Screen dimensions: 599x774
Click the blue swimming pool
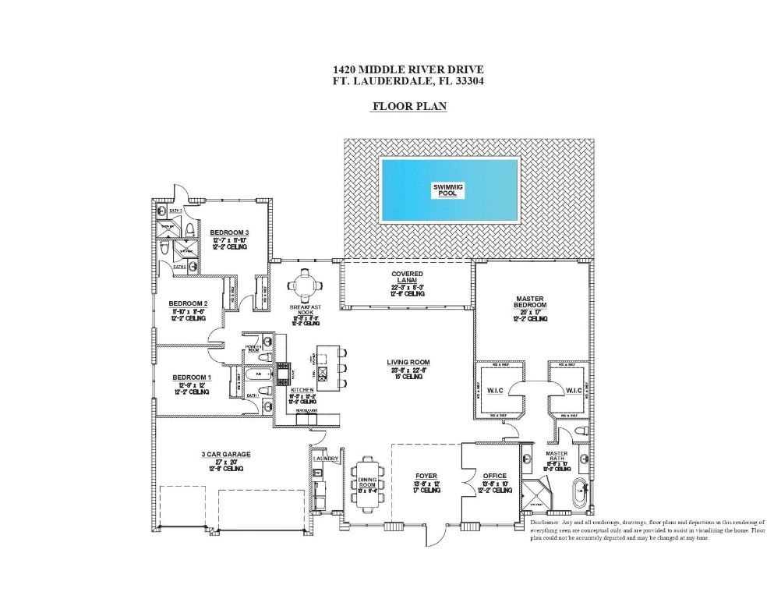tap(449, 190)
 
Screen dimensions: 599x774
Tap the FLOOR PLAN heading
tap(408, 107)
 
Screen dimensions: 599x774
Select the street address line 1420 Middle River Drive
tap(408, 69)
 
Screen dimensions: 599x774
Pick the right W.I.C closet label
tap(573, 390)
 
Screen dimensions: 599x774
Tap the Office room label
tap(494, 476)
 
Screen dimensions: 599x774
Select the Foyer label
tap(426, 475)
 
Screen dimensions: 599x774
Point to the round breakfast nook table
tap(304, 282)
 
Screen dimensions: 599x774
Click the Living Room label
tap(408, 363)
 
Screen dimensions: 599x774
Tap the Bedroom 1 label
tap(189, 377)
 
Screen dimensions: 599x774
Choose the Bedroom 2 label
tap(188, 303)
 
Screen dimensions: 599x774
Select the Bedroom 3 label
tap(228, 232)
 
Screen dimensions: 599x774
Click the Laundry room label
tap(326, 459)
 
